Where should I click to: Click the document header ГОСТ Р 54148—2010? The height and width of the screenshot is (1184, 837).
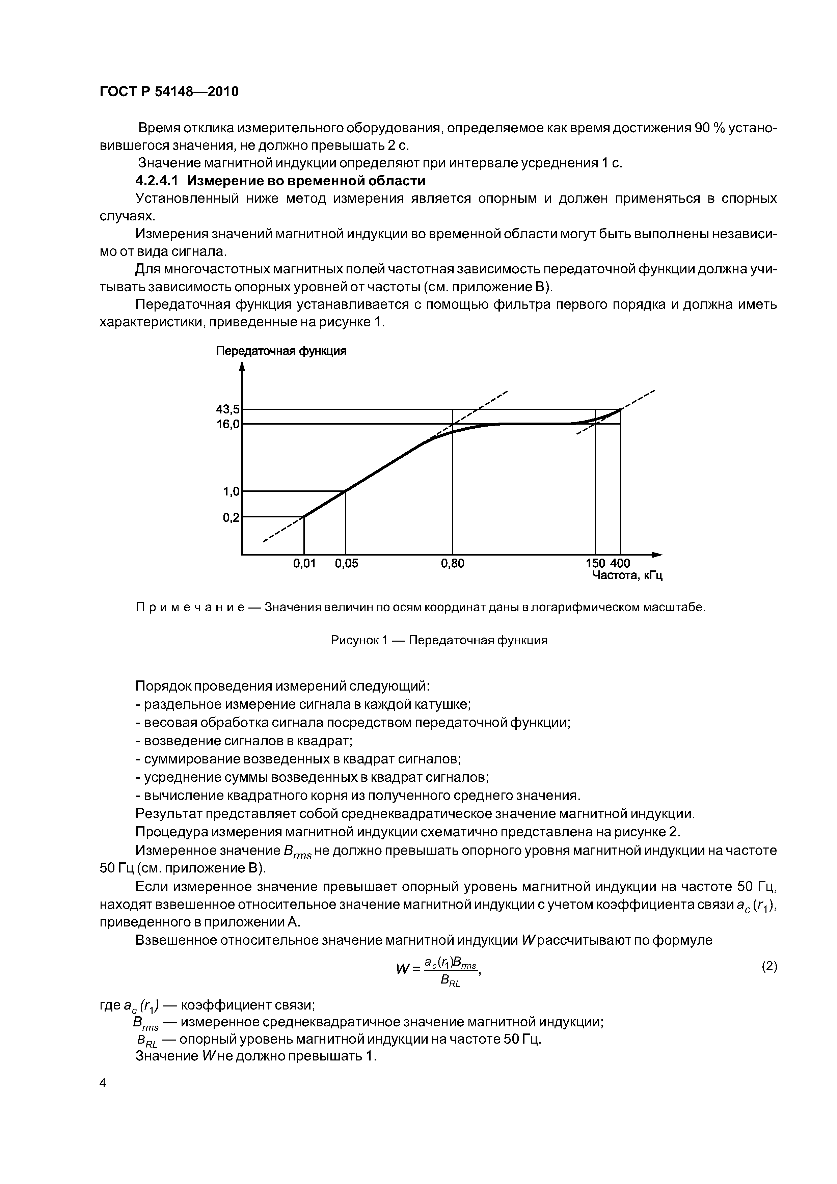tap(169, 92)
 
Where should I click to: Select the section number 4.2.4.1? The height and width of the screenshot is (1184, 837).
tap(156, 181)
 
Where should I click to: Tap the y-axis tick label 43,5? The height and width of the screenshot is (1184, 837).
tap(227, 409)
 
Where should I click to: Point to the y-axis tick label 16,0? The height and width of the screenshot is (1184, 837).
tap(227, 424)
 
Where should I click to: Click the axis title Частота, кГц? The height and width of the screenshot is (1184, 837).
tap(627, 575)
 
